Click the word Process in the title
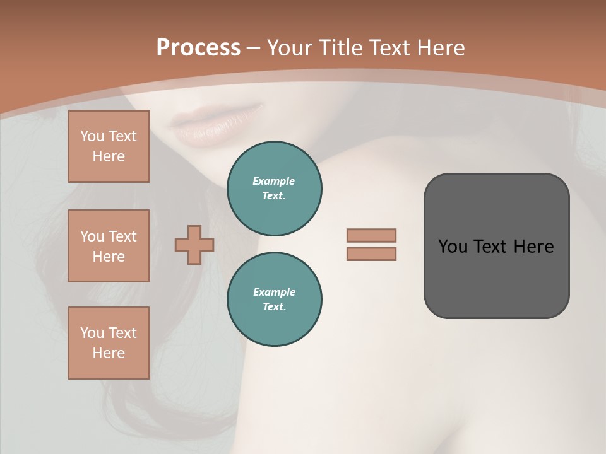click(198, 48)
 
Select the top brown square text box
click(109, 146)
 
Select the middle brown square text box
click(109, 246)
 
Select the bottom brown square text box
click(109, 343)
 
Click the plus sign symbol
click(194, 245)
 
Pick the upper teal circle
click(275, 189)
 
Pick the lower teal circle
click(275, 300)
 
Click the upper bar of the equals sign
click(371, 235)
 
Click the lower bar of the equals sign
click(371, 254)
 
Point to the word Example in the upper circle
click(274, 181)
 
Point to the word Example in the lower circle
click(274, 292)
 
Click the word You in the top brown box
click(92, 136)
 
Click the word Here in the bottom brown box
click(109, 353)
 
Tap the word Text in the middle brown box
click(122, 236)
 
